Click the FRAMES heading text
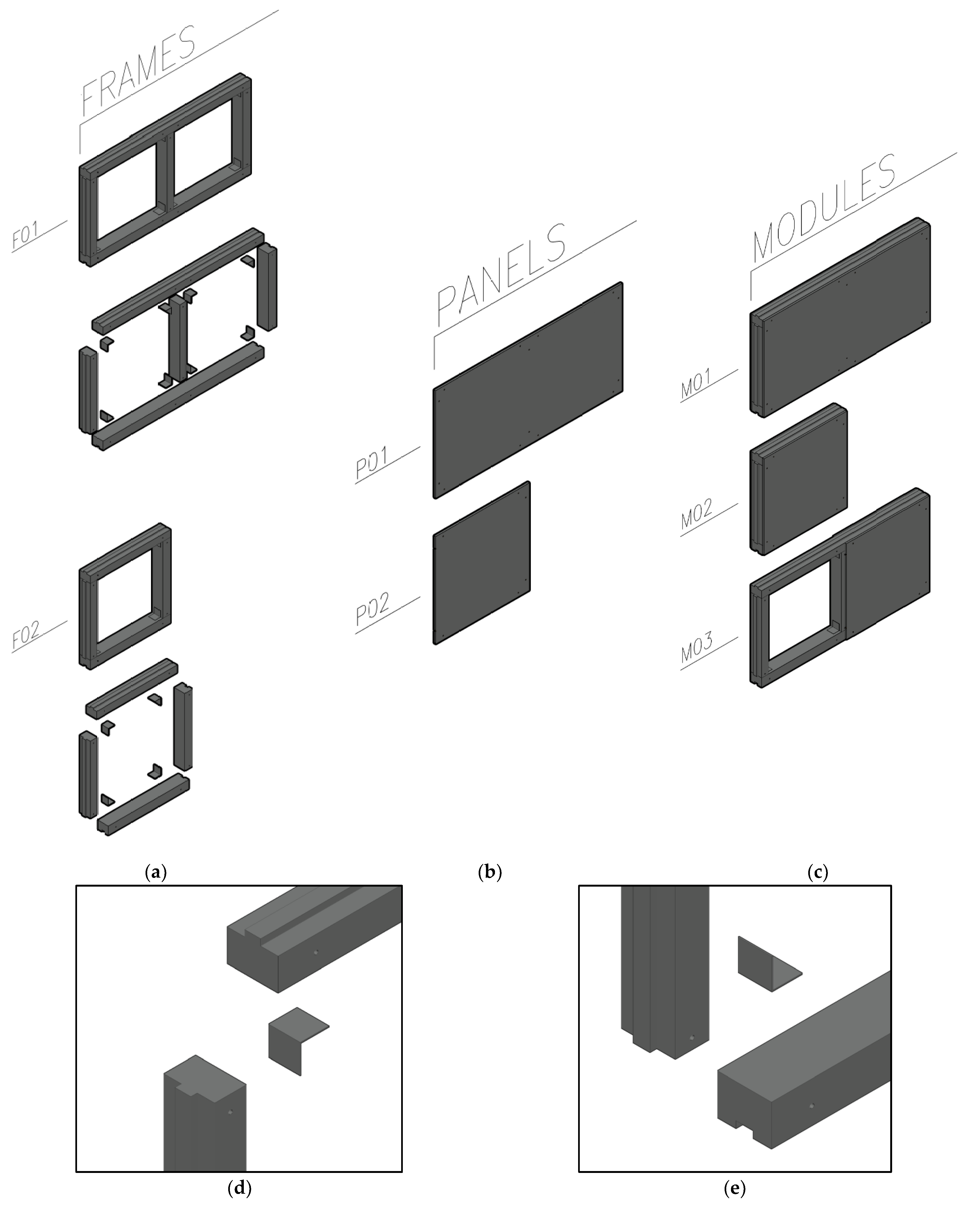tap(139, 70)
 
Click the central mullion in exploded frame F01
tap(178, 339)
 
